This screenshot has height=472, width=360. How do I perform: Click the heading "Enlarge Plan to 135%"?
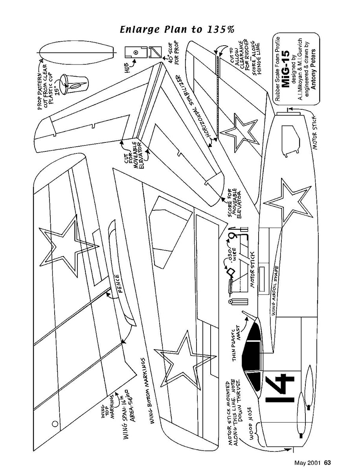177,29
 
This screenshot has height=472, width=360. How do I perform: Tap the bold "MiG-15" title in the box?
285,69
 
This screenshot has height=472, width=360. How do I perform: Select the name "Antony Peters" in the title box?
313,69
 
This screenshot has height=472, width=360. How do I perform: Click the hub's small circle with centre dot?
136,52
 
